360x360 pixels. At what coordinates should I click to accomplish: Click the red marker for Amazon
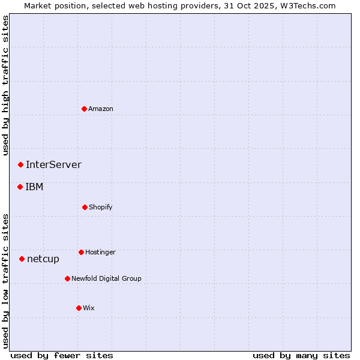(85, 109)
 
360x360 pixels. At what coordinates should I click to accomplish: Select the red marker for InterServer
(20, 164)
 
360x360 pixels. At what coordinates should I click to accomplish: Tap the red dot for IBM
(20, 187)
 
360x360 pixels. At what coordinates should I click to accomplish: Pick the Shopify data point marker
(85, 207)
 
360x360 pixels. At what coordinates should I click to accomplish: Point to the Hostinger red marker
(81, 252)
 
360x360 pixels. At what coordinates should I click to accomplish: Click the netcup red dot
(22, 259)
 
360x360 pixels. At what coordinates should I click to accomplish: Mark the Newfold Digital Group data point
(67, 278)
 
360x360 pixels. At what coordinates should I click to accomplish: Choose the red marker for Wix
(79, 308)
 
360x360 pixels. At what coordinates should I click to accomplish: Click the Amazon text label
(101, 109)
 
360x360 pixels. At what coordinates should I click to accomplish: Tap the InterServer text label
(53, 164)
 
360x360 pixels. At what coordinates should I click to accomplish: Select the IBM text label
(34, 187)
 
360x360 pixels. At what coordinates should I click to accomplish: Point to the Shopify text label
(101, 207)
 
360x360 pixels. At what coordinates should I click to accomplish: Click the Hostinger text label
(100, 252)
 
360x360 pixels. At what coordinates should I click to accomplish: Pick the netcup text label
(43, 259)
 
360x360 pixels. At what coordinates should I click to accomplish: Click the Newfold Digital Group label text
(106, 278)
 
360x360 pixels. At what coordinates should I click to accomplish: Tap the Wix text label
(89, 308)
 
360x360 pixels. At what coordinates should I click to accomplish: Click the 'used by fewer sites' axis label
(62, 355)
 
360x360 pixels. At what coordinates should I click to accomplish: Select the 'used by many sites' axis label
(301, 355)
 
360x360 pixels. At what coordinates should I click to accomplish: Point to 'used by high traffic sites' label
(5, 85)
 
